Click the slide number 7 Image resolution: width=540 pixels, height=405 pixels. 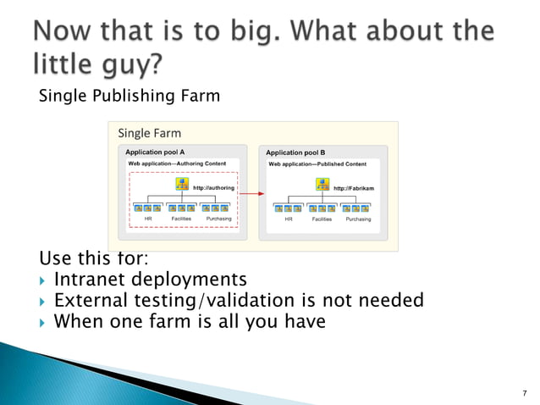coord(525,393)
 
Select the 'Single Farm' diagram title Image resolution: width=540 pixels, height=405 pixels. coord(149,133)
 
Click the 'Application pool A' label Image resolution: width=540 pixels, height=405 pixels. coord(155,152)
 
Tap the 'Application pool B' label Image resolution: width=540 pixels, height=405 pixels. coord(295,153)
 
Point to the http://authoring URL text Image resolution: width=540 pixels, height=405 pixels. coord(213,187)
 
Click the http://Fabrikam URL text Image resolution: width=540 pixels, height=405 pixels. coord(354,188)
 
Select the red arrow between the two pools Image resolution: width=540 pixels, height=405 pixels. coord(248,194)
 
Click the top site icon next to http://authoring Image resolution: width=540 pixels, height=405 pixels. coord(181,184)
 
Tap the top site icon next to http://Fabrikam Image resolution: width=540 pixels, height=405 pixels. coord(322,185)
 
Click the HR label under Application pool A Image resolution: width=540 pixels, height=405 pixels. coord(147,219)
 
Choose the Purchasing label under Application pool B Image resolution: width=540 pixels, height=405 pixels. coord(358,219)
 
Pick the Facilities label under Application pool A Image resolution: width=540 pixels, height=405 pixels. coord(181,219)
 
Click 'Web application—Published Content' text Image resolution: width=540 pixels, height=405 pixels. coord(317,164)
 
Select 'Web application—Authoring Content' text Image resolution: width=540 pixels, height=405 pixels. coord(176,163)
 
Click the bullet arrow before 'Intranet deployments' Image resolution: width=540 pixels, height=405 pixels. coord(42,280)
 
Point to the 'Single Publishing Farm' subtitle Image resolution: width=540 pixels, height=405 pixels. coord(129,97)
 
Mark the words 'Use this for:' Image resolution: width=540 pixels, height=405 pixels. coord(88,258)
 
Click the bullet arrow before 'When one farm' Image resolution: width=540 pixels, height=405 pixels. coord(42,322)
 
